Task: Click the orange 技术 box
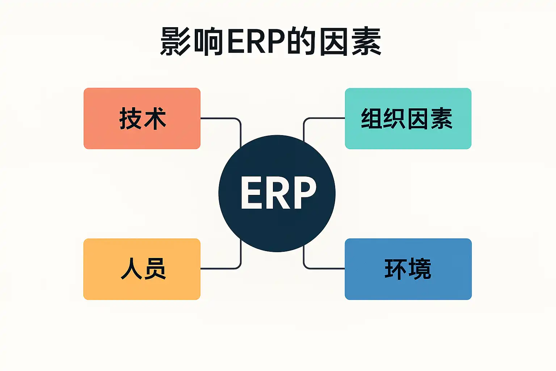click(142, 118)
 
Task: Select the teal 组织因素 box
click(408, 118)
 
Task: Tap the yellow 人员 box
click(142, 269)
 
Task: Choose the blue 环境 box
click(408, 269)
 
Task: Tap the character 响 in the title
click(208, 41)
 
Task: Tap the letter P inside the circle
click(304, 193)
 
